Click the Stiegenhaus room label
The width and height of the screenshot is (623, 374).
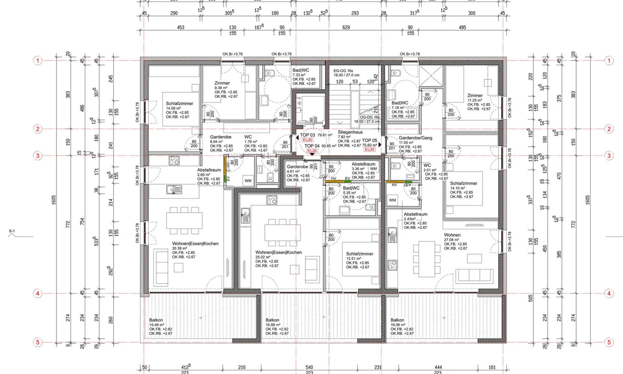click(x=350, y=132)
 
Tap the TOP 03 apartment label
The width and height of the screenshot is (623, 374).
click(x=307, y=135)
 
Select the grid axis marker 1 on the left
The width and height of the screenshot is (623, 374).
click(x=38, y=61)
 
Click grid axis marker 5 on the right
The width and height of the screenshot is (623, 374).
click(x=609, y=342)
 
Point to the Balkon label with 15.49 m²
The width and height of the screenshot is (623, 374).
click(x=156, y=320)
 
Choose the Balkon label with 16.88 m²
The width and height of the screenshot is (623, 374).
click(x=272, y=320)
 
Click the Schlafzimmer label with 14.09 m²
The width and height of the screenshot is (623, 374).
click(x=179, y=104)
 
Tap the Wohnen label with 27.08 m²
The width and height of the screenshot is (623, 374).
click(x=452, y=235)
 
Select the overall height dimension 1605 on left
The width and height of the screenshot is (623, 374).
click(x=54, y=200)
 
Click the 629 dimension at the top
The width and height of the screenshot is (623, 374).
click(x=346, y=28)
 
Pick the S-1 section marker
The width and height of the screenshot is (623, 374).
click(x=12, y=231)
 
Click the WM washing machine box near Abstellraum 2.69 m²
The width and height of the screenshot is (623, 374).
click(x=248, y=181)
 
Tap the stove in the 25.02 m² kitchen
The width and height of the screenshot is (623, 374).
click(x=272, y=200)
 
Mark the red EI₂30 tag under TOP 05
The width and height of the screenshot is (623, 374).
click(x=370, y=150)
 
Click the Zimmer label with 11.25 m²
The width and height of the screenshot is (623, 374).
click(x=475, y=95)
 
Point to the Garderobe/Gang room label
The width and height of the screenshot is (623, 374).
click(x=415, y=138)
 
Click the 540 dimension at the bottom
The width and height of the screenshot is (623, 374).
click(x=309, y=367)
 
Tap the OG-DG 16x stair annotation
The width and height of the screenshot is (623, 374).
click(x=370, y=117)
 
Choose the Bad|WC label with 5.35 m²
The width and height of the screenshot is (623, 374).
click(x=351, y=188)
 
